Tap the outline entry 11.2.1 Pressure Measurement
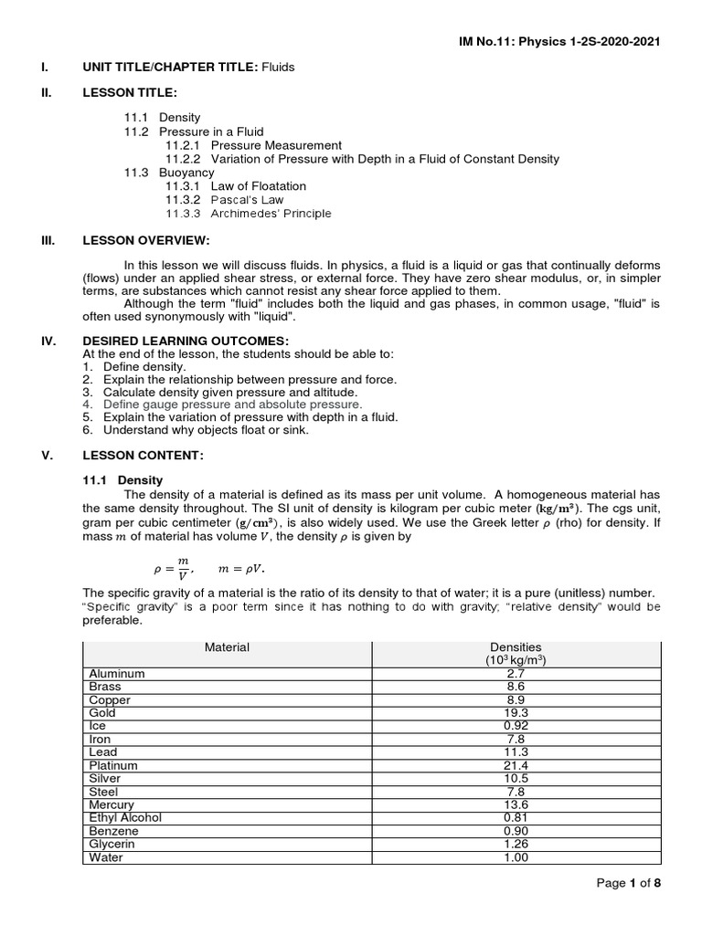click(253, 145)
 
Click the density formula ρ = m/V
click(171, 569)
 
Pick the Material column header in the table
click(227, 647)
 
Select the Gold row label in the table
click(102, 713)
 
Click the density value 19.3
click(516, 713)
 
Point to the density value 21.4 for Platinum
click(516, 765)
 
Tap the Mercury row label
click(112, 805)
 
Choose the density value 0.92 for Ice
click(516, 726)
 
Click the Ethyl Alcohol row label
click(125, 818)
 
